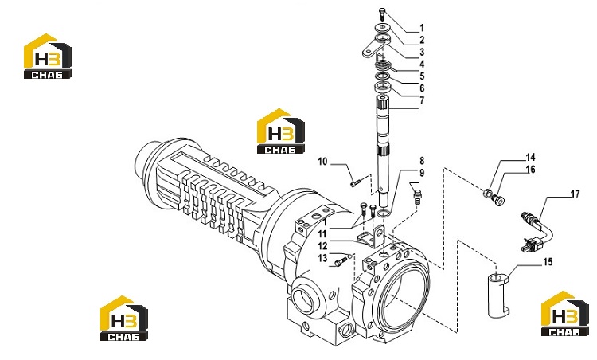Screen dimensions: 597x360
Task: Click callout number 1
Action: point(422,28)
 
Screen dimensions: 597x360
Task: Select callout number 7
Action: point(422,100)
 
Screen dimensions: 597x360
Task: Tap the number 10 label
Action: point(322,162)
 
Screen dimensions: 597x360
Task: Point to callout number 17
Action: point(575,194)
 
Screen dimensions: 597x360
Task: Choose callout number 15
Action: point(548,262)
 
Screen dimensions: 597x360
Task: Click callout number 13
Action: point(322,258)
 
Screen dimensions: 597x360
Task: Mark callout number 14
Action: point(530,158)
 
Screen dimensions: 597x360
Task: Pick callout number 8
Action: point(422,161)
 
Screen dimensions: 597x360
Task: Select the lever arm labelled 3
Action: point(375,48)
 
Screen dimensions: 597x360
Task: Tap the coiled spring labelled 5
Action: point(384,65)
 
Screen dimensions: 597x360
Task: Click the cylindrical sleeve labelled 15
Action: point(499,295)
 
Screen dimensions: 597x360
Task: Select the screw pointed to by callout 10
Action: point(354,184)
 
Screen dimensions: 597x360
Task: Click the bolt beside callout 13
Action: point(341,261)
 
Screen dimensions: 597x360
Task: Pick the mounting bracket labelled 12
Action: point(371,237)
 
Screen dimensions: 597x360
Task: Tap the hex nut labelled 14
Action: point(486,194)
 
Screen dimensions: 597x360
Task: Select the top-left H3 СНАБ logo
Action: point(48,57)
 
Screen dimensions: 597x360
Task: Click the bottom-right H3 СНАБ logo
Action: point(564,314)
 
